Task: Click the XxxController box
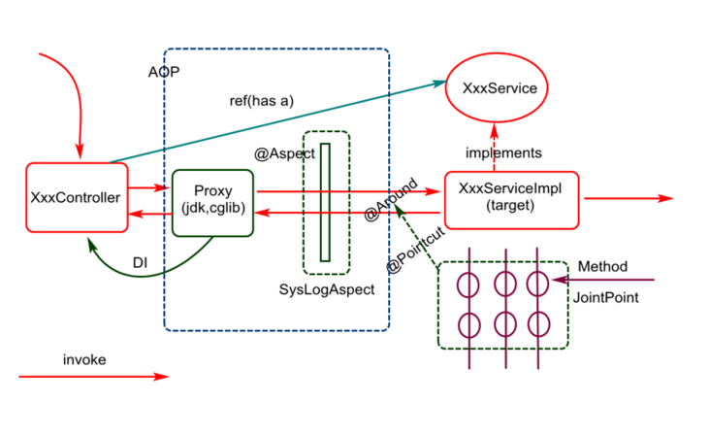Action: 76,198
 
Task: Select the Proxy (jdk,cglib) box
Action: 212,201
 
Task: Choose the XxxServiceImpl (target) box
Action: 510,198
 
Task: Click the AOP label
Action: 164,74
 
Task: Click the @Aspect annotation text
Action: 284,153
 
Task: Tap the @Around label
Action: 390,199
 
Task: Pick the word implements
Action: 503,152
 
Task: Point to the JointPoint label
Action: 607,297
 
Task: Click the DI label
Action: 140,262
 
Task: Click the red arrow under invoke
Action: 93,377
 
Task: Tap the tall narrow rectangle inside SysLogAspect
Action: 325,202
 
